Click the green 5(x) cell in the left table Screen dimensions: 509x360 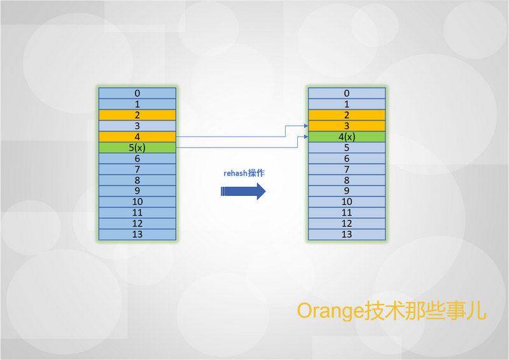pyautogui.click(x=137, y=148)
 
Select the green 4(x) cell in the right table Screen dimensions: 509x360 pyautogui.click(x=347, y=137)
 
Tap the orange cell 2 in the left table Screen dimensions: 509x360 pyautogui.click(x=137, y=115)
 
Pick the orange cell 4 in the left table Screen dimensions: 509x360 pyautogui.click(x=137, y=137)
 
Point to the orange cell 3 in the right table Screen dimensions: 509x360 pyautogui.click(x=347, y=126)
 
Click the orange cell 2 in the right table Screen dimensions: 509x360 pyautogui.click(x=347, y=115)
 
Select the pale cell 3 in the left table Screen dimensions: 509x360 pyautogui.click(x=137, y=126)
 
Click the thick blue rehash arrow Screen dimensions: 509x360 pyautogui.click(x=243, y=191)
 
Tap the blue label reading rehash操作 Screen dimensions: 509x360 pyautogui.click(x=244, y=173)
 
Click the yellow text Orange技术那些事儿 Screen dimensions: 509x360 pyautogui.click(x=391, y=310)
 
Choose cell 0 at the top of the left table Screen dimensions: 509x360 pyautogui.click(x=137, y=93)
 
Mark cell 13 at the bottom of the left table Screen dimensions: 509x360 pyautogui.click(x=137, y=234)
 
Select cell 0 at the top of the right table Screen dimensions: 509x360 pyautogui.click(x=347, y=93)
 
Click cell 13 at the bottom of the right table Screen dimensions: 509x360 pyautogui.click(x=347, y=234)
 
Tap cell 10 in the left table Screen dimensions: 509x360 pyautogui.click(x=137, y=202)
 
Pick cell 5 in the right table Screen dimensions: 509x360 pyautogui.click(x=347, y=148)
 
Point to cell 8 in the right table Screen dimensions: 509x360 pyautogui.click(x=347, y=180)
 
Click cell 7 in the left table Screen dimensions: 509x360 pyautogui.click(x=137, y=169)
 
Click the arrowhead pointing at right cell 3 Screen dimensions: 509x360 pyautogui.click(x=306, y=126)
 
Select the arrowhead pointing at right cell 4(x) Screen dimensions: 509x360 pyautogui.click(x=306, y=137)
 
